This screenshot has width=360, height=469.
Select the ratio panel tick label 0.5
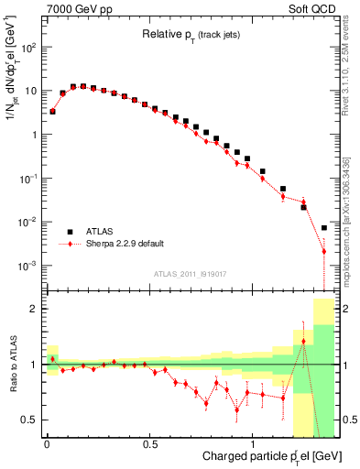pyautogui.click(x=30, y=420)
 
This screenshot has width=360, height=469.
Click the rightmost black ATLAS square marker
pyautogui.click(x=324, y=227)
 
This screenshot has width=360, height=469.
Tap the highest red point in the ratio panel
pyautogui.click(x=303, y=342)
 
